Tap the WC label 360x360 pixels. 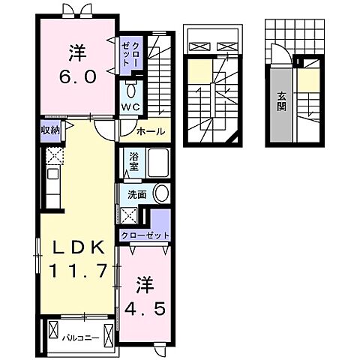(x=131, y=108)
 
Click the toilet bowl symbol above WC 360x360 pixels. (x=132, y=90)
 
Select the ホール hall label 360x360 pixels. (x=150, y=131)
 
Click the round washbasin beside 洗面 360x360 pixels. (x=160, y=193)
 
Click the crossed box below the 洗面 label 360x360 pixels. (x=127, y=215)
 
